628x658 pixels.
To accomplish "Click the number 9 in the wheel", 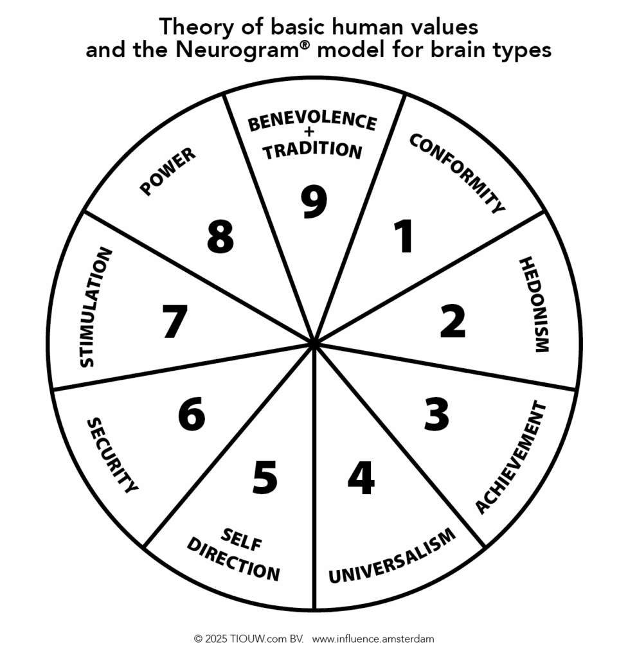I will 314,202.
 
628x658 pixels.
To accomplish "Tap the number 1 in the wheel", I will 404,236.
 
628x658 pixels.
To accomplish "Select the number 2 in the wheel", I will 453,321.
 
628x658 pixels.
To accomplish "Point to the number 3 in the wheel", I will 436,414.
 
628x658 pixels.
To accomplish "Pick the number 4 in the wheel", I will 361,477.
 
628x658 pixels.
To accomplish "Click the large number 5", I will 264,477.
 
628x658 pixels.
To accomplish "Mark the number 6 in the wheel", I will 192,414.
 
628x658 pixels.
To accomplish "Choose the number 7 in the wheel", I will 174,321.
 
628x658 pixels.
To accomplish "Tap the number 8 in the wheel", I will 220,236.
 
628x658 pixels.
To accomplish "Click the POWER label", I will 168,172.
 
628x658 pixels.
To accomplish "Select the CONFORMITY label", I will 457,173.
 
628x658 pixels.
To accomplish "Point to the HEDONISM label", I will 534,305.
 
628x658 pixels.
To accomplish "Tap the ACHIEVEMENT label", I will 511,458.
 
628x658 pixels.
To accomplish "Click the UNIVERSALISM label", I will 392,556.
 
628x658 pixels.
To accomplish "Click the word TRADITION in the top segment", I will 313,150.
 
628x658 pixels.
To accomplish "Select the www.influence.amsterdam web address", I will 373,639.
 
